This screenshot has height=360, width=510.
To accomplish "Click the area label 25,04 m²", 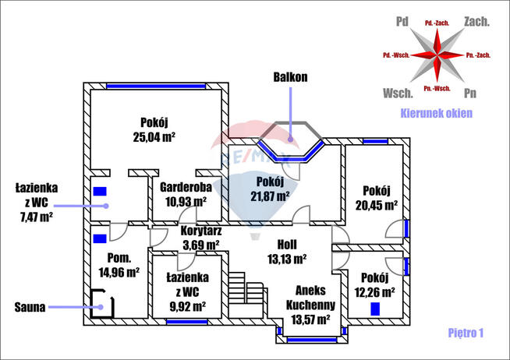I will [154, 136].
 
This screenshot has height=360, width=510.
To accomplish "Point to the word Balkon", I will [290, 78].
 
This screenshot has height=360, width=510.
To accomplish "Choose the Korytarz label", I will [200, 231].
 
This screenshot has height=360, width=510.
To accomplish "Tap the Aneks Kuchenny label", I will [310, 297].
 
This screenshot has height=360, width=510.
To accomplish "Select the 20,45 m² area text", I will [377, 206].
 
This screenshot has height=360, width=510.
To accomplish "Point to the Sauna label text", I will [30, 307].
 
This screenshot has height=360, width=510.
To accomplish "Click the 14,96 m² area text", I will [119, 272].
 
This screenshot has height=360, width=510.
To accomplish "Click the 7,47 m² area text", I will [34, 216].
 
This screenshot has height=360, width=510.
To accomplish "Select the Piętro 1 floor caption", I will [466, 333].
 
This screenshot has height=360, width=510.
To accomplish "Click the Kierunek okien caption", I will [436, 114].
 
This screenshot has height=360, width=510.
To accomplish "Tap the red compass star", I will [436, 55].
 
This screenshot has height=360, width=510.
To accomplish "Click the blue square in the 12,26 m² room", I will [376, 308].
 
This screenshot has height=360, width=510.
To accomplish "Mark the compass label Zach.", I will [476, 22].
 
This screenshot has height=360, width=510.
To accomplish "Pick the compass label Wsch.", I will [398, 93].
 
